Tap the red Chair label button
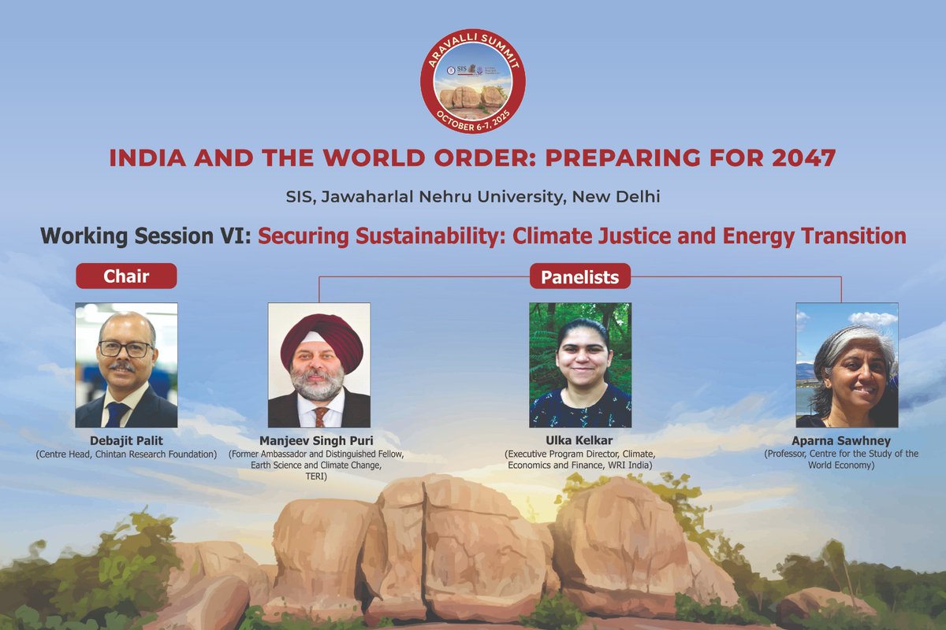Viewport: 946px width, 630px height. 126,276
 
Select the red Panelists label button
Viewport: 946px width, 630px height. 580,276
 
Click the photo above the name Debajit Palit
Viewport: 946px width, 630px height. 126,365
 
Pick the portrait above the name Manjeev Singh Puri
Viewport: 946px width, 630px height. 319,365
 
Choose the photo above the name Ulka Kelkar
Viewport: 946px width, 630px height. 580,365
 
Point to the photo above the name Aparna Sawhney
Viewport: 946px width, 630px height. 847,365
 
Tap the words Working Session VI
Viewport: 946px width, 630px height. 145,235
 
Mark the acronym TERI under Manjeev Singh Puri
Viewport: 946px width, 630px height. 319,476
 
